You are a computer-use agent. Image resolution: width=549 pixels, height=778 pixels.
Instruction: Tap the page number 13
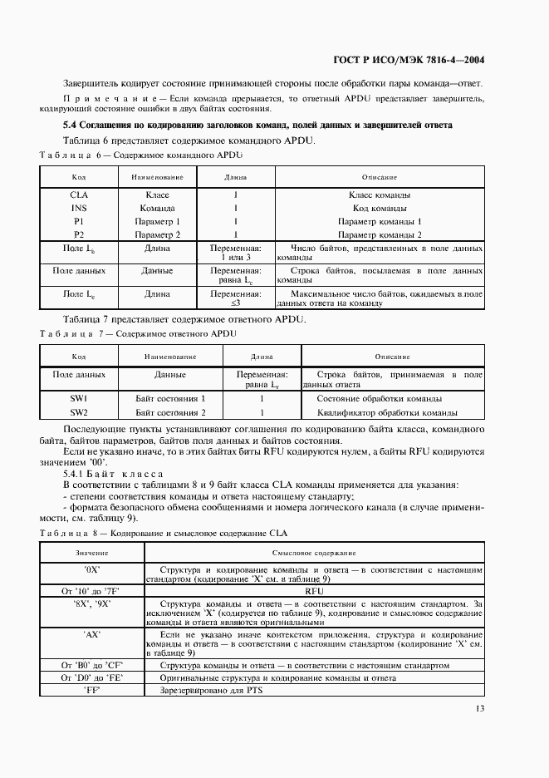(x=479, y=708)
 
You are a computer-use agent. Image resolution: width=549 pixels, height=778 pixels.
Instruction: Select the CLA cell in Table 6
(x=79, y=194)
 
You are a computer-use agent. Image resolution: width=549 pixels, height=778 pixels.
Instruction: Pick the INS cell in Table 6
(x=79, y=208)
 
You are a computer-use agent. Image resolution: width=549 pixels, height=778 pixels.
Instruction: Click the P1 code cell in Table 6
(x=79, y=221)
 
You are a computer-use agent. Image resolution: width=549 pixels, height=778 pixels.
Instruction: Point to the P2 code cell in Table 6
(x=79, y=234)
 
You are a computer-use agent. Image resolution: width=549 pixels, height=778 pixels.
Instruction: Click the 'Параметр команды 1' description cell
(x=380, y=221)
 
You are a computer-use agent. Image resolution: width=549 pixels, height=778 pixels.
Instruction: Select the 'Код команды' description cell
(x=380, y=208)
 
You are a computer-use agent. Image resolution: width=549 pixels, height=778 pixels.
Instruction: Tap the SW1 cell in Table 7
(x=79, y=398)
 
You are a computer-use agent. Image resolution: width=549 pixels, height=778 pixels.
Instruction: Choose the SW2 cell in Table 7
(x=79, y=411)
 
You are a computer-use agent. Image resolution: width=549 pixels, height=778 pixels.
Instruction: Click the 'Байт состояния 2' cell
(x=170, y=411)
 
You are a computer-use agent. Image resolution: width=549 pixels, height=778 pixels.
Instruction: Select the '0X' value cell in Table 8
(x=92, y=570)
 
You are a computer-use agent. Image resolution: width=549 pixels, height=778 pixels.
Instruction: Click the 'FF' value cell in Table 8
(x=92, y=690)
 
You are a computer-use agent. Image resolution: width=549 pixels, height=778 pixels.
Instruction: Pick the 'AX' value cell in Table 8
(x=92, y=633)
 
